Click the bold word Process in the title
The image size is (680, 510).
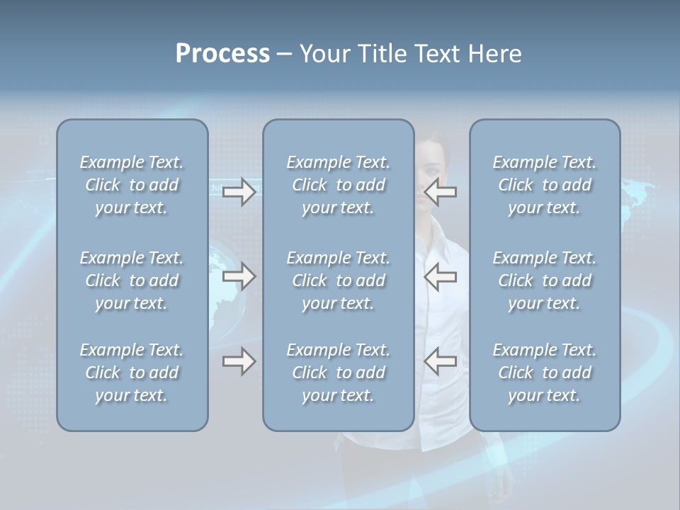(222, 54)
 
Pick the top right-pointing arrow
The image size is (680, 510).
(239, 192)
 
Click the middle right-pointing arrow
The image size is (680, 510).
(239, 276)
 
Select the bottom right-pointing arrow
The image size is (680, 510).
(239, 361)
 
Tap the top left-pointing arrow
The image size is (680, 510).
(441, 192)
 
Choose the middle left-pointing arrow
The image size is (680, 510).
(441, 276)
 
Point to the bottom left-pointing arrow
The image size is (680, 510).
(441, 361)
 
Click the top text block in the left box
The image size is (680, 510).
(132, 185)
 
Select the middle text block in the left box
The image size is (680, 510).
(132, 280)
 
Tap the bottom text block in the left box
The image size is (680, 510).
(132, 373)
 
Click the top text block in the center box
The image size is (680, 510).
(338, 185)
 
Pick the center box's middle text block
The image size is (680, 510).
(338, 280)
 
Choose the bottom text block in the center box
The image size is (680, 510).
(338, 373)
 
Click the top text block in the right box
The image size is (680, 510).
(544, 185)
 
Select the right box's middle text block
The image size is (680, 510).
(544, 280)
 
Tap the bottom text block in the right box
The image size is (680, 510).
(544, 373)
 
